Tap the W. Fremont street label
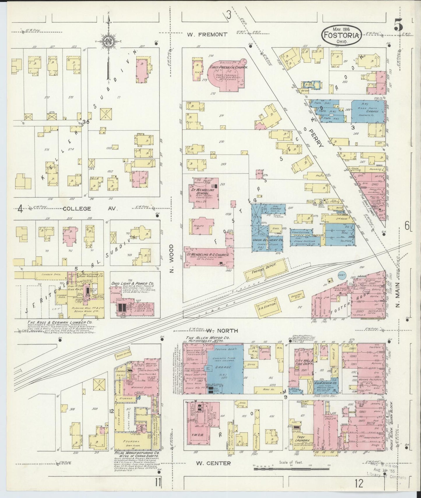coord(207,34)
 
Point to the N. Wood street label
coord(172,258)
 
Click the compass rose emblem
coord(109,42)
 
